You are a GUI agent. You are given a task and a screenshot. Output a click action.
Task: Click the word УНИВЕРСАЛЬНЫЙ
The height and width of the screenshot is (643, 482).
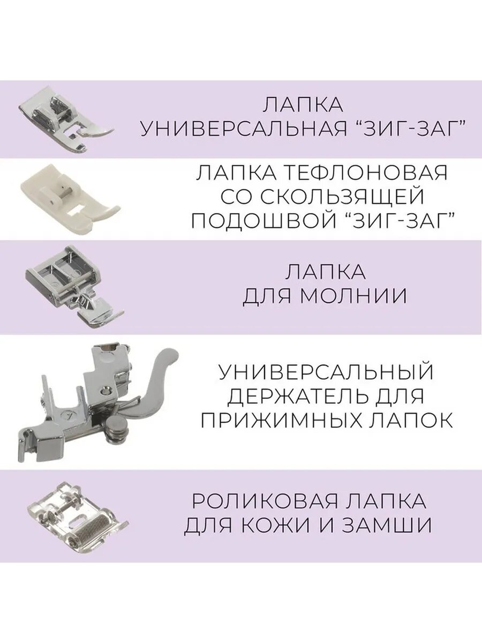(326, 371)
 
